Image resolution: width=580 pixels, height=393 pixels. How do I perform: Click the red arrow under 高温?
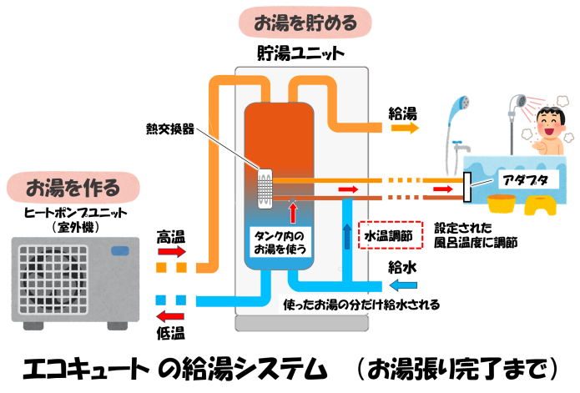click(172, 250)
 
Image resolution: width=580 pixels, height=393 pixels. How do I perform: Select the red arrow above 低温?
click(172, 315)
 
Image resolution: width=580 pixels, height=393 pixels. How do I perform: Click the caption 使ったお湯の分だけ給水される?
click(360, 305)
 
